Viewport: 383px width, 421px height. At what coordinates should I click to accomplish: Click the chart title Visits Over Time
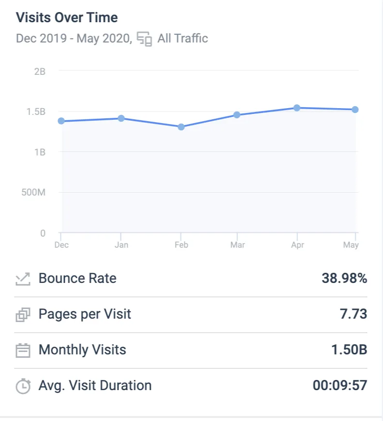(67, 17)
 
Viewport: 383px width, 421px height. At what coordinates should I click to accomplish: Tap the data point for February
(181, 127)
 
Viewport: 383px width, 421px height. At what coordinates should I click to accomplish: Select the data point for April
(297, 108)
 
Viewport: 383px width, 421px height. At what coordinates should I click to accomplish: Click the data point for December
(61, 121)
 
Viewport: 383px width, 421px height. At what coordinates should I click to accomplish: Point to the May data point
(355, 110)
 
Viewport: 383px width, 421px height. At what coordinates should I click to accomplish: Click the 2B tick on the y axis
(40, 71)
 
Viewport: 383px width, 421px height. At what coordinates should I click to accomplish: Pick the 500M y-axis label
(34, 193)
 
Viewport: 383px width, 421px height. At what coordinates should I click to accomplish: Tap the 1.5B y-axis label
(36, 112)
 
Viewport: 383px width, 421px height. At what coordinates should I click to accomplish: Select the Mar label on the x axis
(237, 245)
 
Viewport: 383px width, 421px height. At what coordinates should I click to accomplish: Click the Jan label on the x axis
(121, 245)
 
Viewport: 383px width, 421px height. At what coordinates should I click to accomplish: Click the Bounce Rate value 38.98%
(344, 278)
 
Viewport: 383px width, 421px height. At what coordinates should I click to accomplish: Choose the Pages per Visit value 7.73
(353, 314)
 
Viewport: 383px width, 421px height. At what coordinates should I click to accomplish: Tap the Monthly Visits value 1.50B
(349, 350)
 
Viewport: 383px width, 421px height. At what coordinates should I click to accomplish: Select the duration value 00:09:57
(340, 385)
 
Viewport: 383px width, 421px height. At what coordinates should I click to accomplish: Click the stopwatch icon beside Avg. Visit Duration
(23, 386)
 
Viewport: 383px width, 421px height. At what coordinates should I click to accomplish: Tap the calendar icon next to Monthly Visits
(23, 350)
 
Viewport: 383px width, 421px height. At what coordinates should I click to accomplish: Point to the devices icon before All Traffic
(145, 39)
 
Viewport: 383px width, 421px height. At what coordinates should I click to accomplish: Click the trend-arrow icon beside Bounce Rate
(23, 279)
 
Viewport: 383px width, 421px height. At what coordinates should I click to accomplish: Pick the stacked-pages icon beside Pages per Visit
(23, 314)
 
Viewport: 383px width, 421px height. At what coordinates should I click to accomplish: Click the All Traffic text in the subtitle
(183, 38)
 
